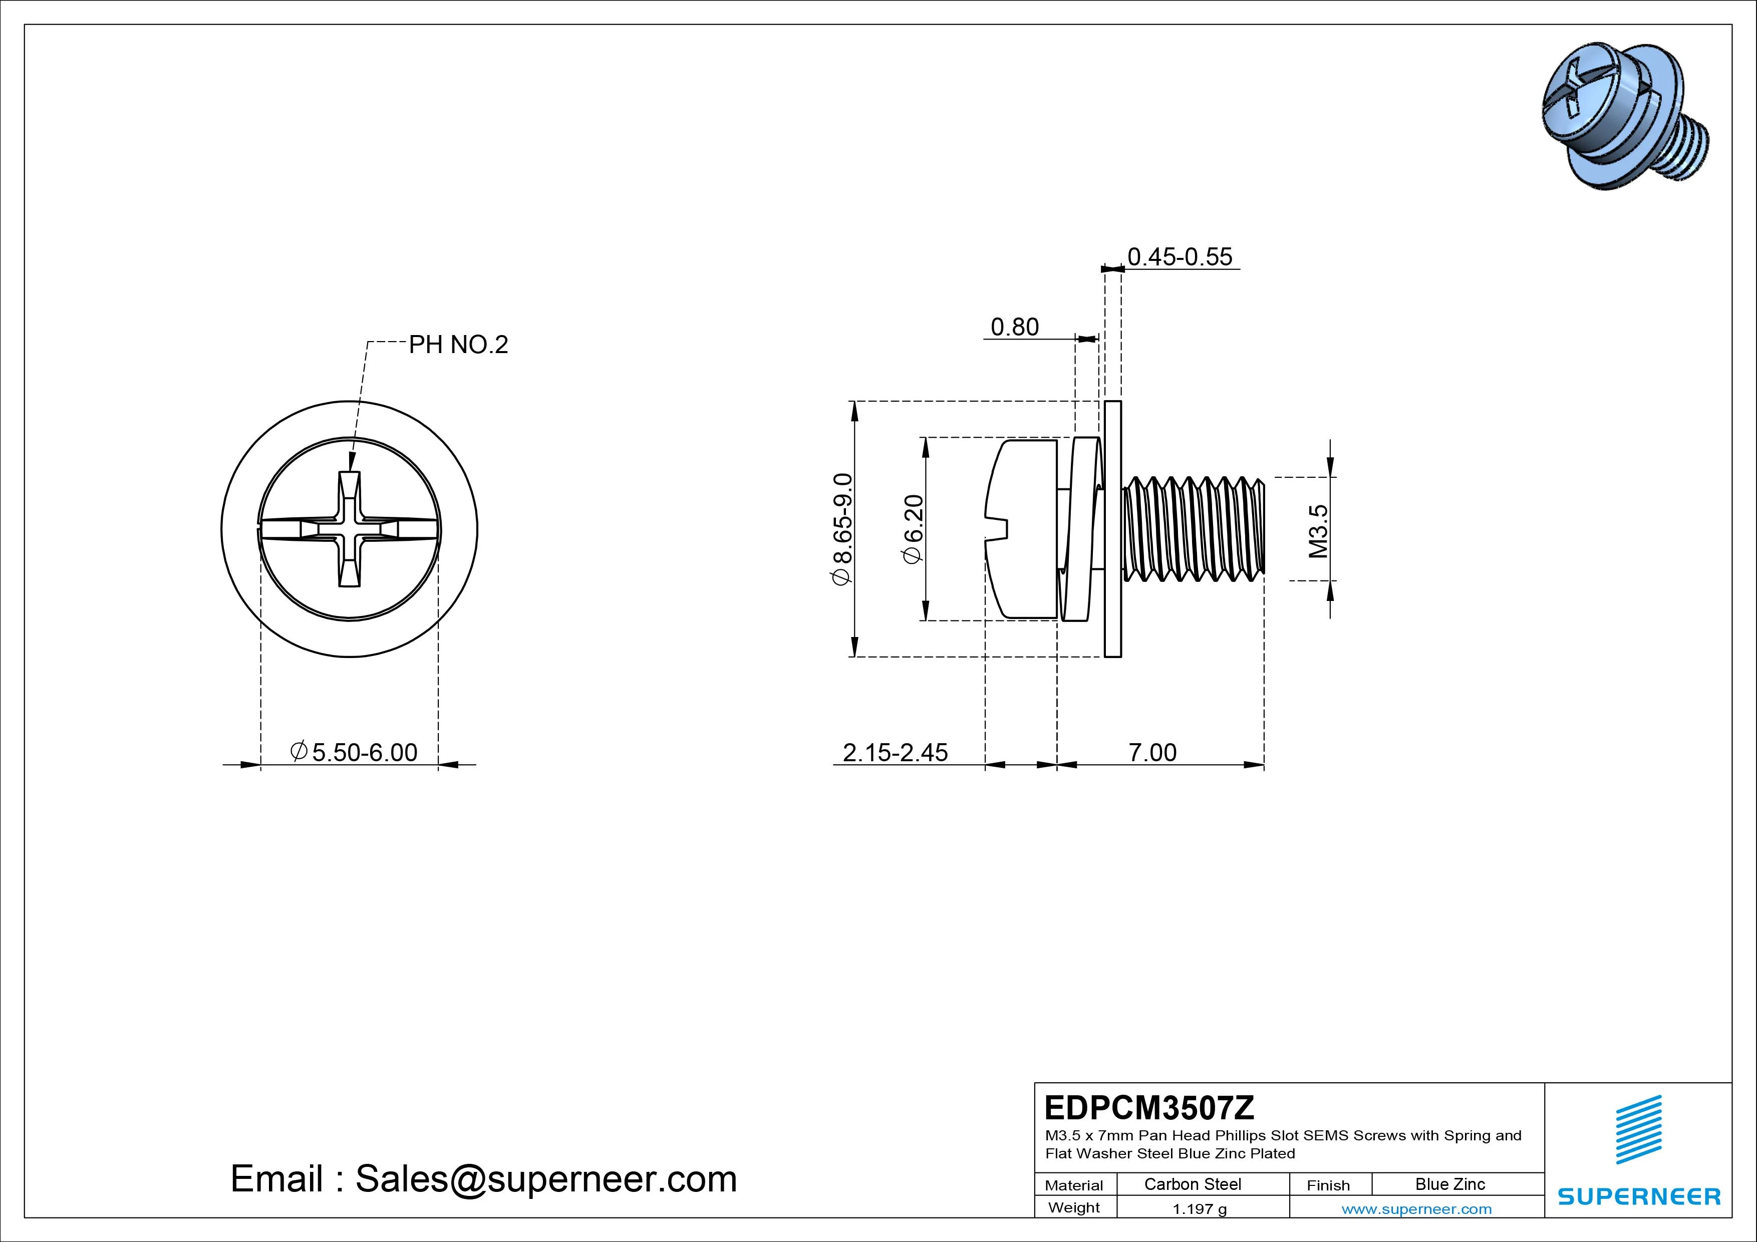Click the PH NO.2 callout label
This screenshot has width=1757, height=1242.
coord(458,345)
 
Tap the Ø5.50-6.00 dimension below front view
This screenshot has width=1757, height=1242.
coord(354,752)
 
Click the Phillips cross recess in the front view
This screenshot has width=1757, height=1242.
coord(350,529)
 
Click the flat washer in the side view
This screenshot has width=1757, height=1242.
coord(1113,528)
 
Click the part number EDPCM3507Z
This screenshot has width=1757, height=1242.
coord(1148,1107)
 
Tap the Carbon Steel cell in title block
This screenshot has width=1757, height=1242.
coord(1192,1184)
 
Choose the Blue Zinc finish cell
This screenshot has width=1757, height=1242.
coord(1449,1184)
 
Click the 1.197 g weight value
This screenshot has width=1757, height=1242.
coord(1199,1209)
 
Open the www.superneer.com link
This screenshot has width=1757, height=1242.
coord(1416,1209)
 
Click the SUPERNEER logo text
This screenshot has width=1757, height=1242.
coord(1638,1196)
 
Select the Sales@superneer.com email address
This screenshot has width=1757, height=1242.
coord(545,1178)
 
